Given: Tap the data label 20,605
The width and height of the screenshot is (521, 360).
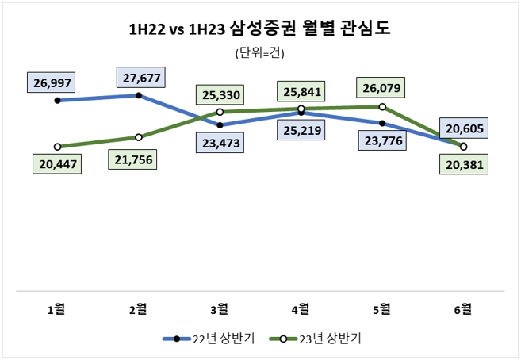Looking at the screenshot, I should click(464, 128).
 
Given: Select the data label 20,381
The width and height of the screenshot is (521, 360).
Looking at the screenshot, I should click(464, 165).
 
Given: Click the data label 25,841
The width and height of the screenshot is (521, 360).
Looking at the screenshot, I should click(301, 91).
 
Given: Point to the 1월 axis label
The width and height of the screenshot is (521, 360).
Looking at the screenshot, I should click(57, 308).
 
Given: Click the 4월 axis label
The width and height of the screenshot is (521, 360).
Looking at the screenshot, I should click(301, 308).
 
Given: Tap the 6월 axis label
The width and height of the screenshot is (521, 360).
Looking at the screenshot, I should click(463, 308).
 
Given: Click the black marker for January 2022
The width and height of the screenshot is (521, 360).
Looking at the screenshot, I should click(57, 101).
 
